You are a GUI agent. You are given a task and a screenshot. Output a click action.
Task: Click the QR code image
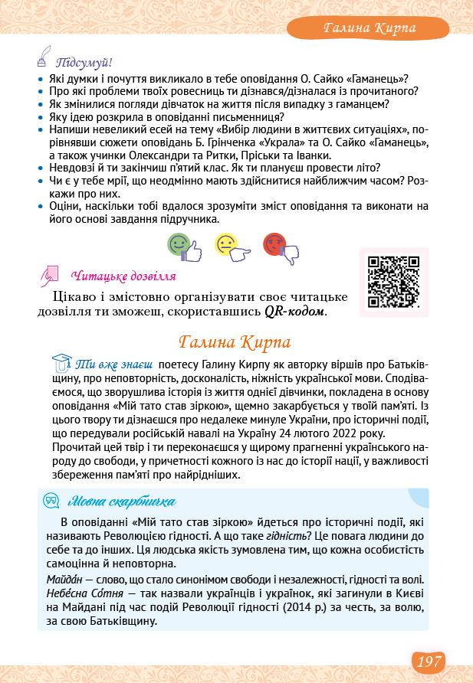coord(394,282)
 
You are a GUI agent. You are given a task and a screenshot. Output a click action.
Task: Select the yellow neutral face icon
coord(229,246)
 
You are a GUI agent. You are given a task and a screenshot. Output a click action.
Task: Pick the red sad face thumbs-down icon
coord(278,246)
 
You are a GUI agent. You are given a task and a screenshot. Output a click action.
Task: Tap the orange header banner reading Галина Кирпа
coord(369,28)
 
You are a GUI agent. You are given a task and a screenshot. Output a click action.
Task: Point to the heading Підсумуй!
coord(89,62)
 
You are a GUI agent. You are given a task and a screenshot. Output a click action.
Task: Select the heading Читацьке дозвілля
coord(123,276)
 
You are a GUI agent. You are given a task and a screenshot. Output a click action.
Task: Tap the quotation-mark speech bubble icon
coord(52,502)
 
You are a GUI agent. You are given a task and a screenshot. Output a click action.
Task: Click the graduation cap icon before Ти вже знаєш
coord(61,361)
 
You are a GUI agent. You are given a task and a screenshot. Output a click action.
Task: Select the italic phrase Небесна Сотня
coord(84,593)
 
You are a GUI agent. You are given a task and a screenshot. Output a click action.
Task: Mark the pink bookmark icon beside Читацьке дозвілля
coord(52,274)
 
